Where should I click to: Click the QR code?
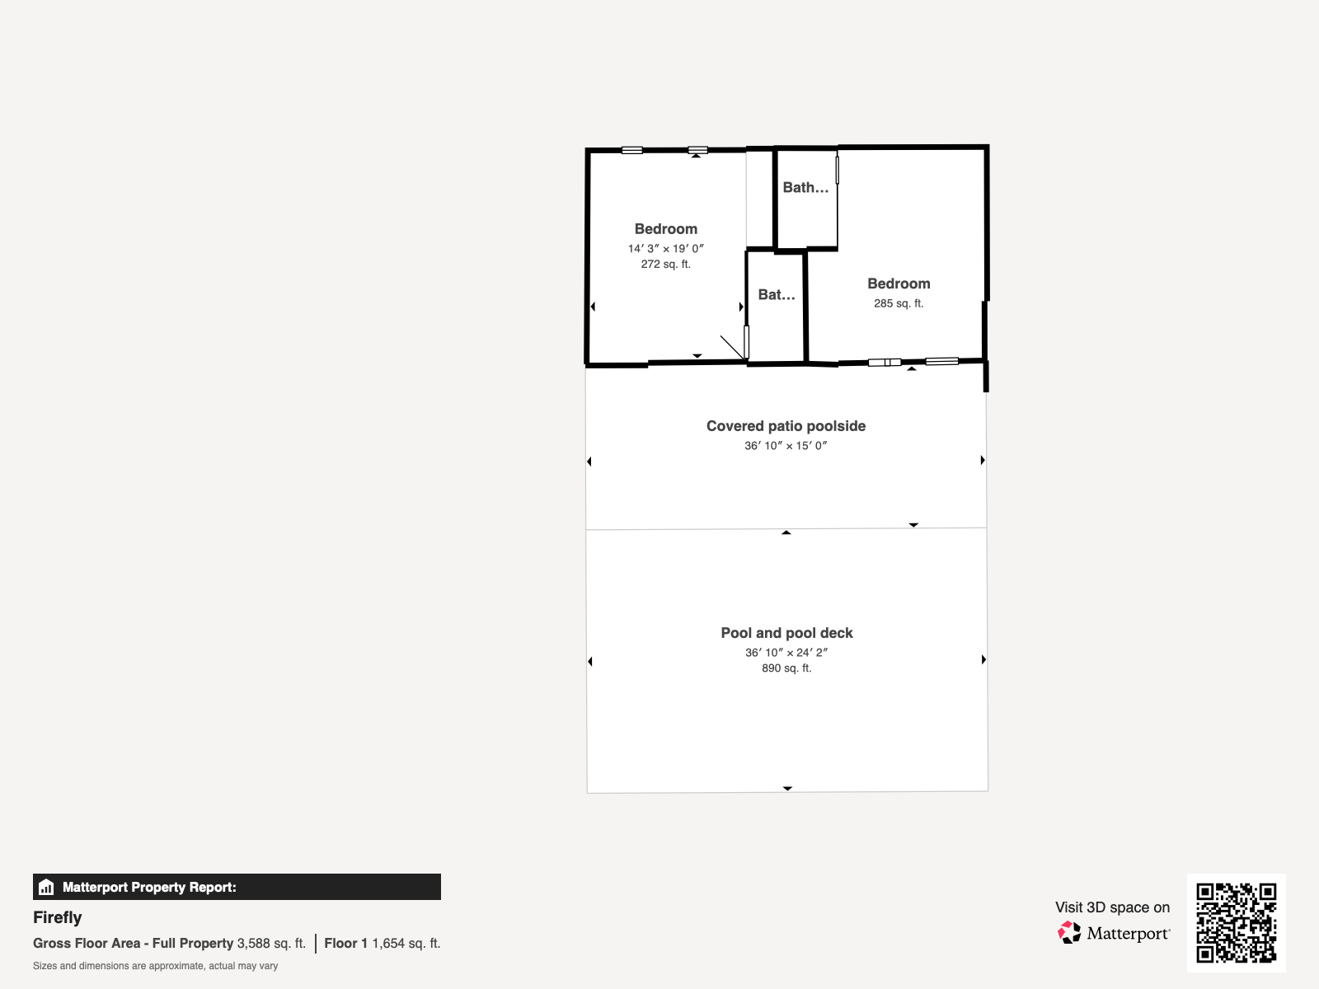click(1236, 922)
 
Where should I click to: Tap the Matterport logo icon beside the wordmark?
click(1069, 933)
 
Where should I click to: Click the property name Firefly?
click(57, 917)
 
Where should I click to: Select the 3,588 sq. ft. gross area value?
click(271, 944)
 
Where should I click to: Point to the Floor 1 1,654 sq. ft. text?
click(383, 944)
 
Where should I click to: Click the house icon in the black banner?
click(46, 887)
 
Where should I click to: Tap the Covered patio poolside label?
click(786, 426)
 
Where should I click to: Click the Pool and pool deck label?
click(786, 633)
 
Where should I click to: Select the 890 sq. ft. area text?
click(786, 668)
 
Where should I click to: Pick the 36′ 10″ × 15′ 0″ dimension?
click(786, 446)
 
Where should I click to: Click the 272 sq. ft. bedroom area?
click(666, 265)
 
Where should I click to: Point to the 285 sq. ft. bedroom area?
click(899, 304)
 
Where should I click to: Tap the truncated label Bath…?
click(805, 188)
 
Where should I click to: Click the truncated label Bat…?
click(777, 295)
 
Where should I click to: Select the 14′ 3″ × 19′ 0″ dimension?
click(666, 249)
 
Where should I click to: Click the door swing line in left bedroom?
click(733, 348)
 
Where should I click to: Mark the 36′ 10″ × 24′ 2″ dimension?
click(786, 653)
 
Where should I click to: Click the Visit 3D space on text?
click(1112, 907)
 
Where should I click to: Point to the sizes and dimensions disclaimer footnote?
click(155, 966)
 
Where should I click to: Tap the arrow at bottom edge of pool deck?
click(787, 789)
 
